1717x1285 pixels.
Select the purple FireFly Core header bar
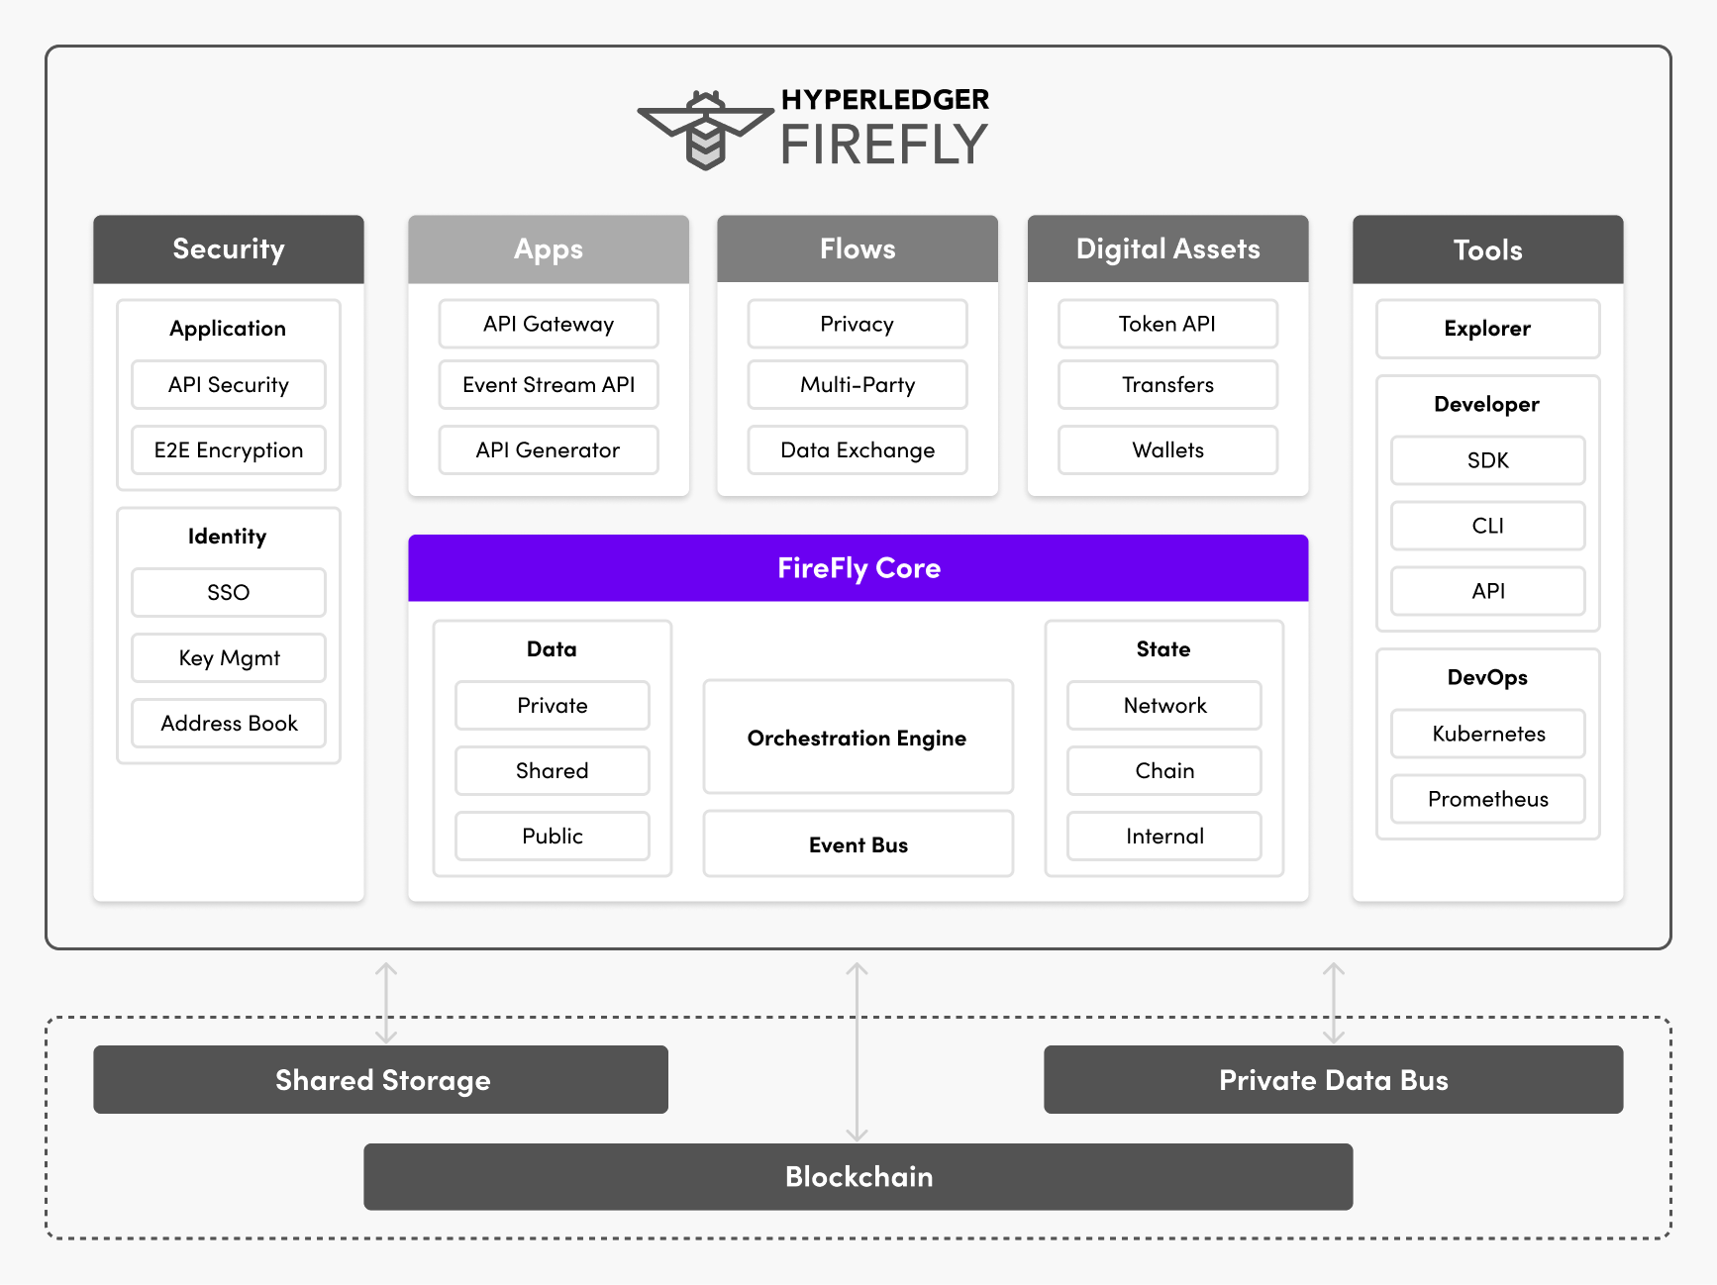[858, 568]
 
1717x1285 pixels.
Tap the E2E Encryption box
[229, 450]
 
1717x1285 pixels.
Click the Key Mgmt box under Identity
[229, 658]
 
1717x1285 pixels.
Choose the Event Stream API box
[549, 385]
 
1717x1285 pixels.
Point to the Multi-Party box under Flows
[858, 385]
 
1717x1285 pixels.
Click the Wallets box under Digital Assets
[1167, 450]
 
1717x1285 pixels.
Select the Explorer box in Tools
[1487, 329]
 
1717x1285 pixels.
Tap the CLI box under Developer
[1487, 526]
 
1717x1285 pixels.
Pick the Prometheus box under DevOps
[1487, 799]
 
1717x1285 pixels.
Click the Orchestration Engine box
[858, 738]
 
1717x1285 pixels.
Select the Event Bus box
[858, 844]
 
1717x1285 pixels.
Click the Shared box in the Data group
[553, 771]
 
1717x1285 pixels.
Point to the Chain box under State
[1164, 771]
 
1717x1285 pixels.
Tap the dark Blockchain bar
[858, 1177]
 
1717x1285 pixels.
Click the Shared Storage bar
[381, 1080]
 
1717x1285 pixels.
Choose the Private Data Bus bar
[1333, 1080]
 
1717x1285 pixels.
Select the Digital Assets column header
[1167, 249]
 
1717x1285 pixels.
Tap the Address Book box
[229, 724]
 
